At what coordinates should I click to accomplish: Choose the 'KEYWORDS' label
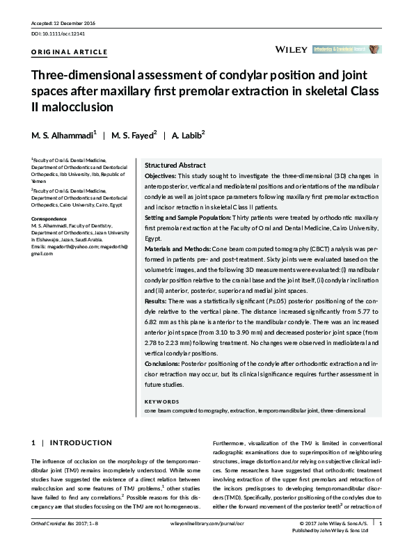click(x=163, y=401)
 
